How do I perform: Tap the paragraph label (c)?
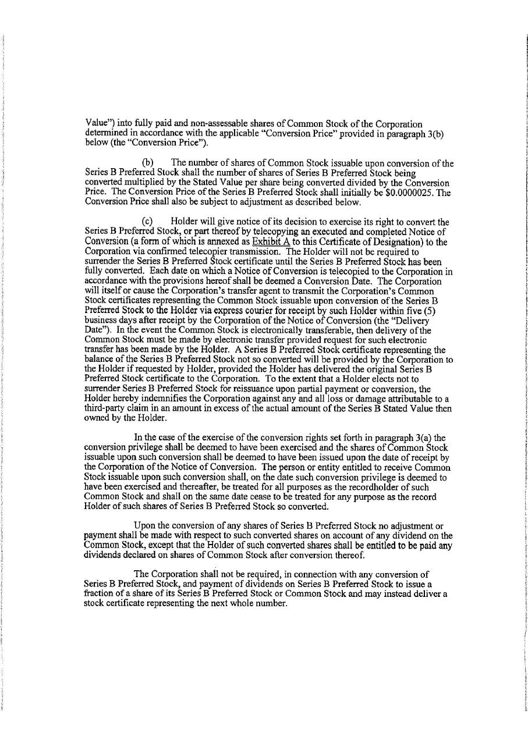coord(149,222)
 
